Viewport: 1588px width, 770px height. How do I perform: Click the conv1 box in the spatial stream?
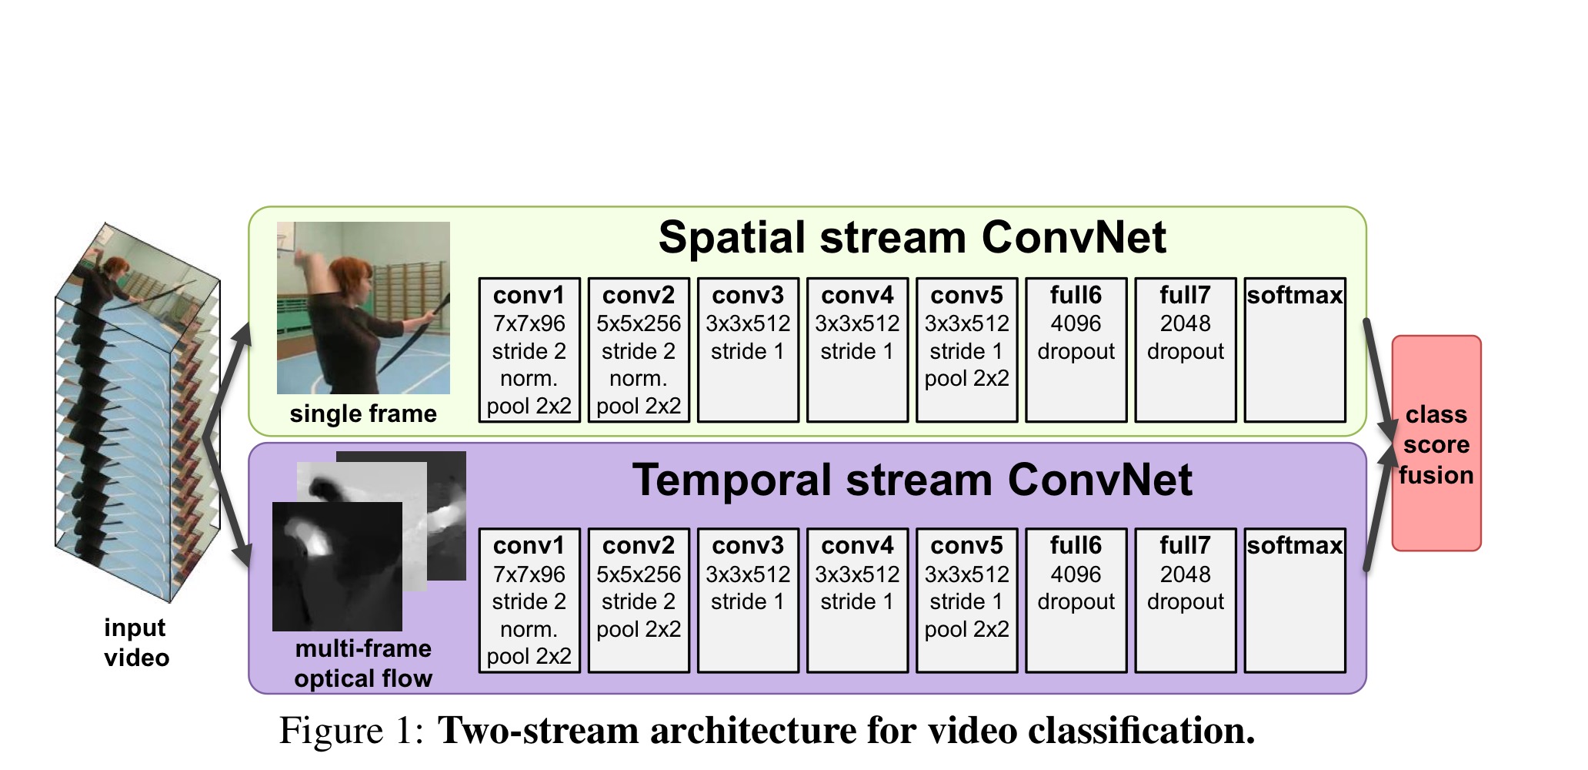[x=529, y=350]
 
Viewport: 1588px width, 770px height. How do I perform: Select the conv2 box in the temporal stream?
[x=639, y=601]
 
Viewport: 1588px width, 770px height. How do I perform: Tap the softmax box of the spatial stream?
[x=1295, y=350]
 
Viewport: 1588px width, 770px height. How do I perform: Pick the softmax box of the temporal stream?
[x=1295, y=601]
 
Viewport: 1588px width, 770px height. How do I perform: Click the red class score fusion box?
[x=1436, y=444]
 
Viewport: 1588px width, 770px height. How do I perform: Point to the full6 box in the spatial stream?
[x=1076, y=350]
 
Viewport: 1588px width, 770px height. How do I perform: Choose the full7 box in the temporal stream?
[x=1185, y=601]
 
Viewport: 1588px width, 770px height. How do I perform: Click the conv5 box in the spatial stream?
[x=966, y=350]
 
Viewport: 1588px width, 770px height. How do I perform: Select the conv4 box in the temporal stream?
[x=857, y=601]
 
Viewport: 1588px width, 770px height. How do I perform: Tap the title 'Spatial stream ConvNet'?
[x=912, y=237]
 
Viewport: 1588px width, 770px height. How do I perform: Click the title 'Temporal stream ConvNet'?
[x=912, y=480]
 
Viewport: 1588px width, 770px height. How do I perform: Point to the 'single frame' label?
[x=363, y=414]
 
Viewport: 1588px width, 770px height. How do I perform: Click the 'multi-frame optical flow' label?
[x=363, y=664]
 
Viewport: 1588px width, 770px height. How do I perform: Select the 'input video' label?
[x=136, y=643]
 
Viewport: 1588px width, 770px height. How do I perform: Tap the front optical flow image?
[x=337, y=566]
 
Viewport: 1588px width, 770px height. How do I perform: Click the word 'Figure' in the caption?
[x=331, y=731]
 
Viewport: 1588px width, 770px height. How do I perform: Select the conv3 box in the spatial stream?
[x=748, y=350]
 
